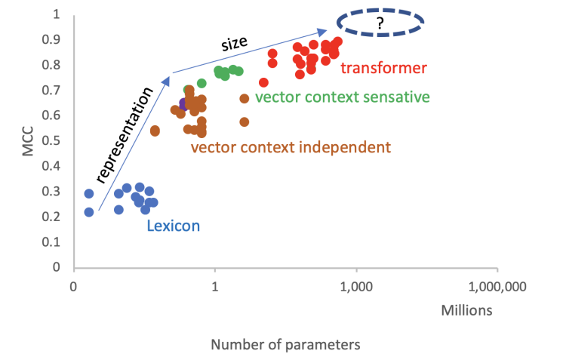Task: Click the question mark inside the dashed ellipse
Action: point(380,23)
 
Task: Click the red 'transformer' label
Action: point(383,69)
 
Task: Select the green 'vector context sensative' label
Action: point(342,97)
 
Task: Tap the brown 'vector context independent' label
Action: point(291,146)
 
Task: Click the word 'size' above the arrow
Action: point(235,43)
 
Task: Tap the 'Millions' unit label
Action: point(469,309)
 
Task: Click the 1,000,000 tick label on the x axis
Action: point(497,287)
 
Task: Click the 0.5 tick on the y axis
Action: point(56,140)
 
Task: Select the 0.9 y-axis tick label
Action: point(56,39)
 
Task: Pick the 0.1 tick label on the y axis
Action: point(56,242)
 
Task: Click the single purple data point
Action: point(183,103)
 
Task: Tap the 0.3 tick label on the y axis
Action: point(56,191)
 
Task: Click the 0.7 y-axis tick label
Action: point(56,90)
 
